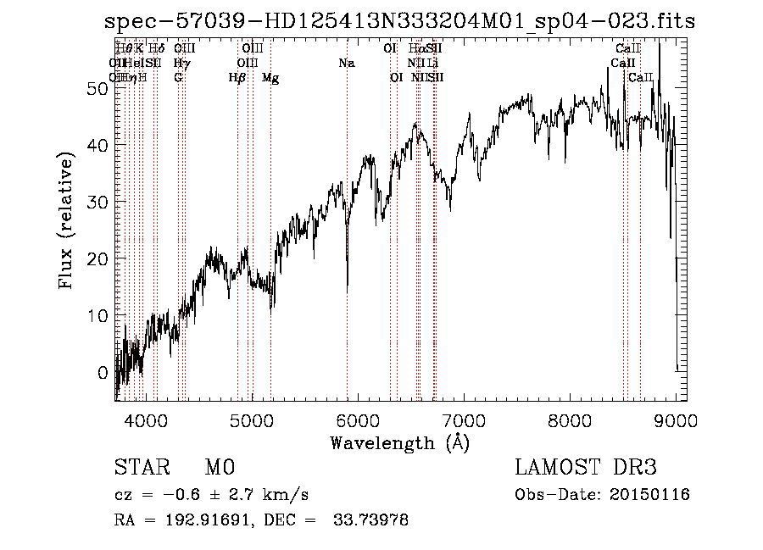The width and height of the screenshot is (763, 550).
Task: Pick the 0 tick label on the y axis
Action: (x=103, y=372)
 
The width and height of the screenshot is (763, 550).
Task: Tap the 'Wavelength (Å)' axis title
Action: (x=399, y=442)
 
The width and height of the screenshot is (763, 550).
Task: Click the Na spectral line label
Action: (x=346, y=64)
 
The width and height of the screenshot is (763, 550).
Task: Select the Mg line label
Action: (x=270, y=78)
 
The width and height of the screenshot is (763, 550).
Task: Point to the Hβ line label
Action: (x=237, y=78)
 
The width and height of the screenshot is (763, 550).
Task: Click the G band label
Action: (x=178, y=78)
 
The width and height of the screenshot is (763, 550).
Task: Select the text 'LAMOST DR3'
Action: (x=585, y=468)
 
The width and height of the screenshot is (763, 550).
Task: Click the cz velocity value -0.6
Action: (x=168, y=495)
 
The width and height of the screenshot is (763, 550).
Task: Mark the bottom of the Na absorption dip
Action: (x=348, y=286)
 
